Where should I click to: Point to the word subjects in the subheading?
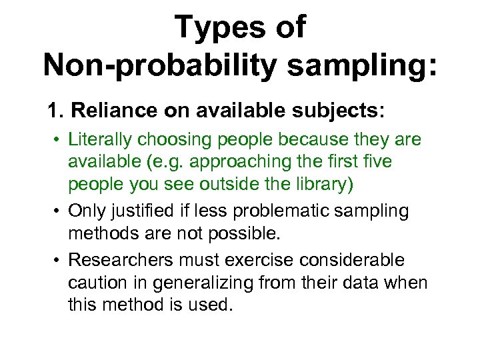(x=309, y=110)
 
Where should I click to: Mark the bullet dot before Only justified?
(x=59, y=211)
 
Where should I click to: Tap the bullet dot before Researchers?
(x=59, y=259)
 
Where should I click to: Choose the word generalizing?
(x=198, y=283)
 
